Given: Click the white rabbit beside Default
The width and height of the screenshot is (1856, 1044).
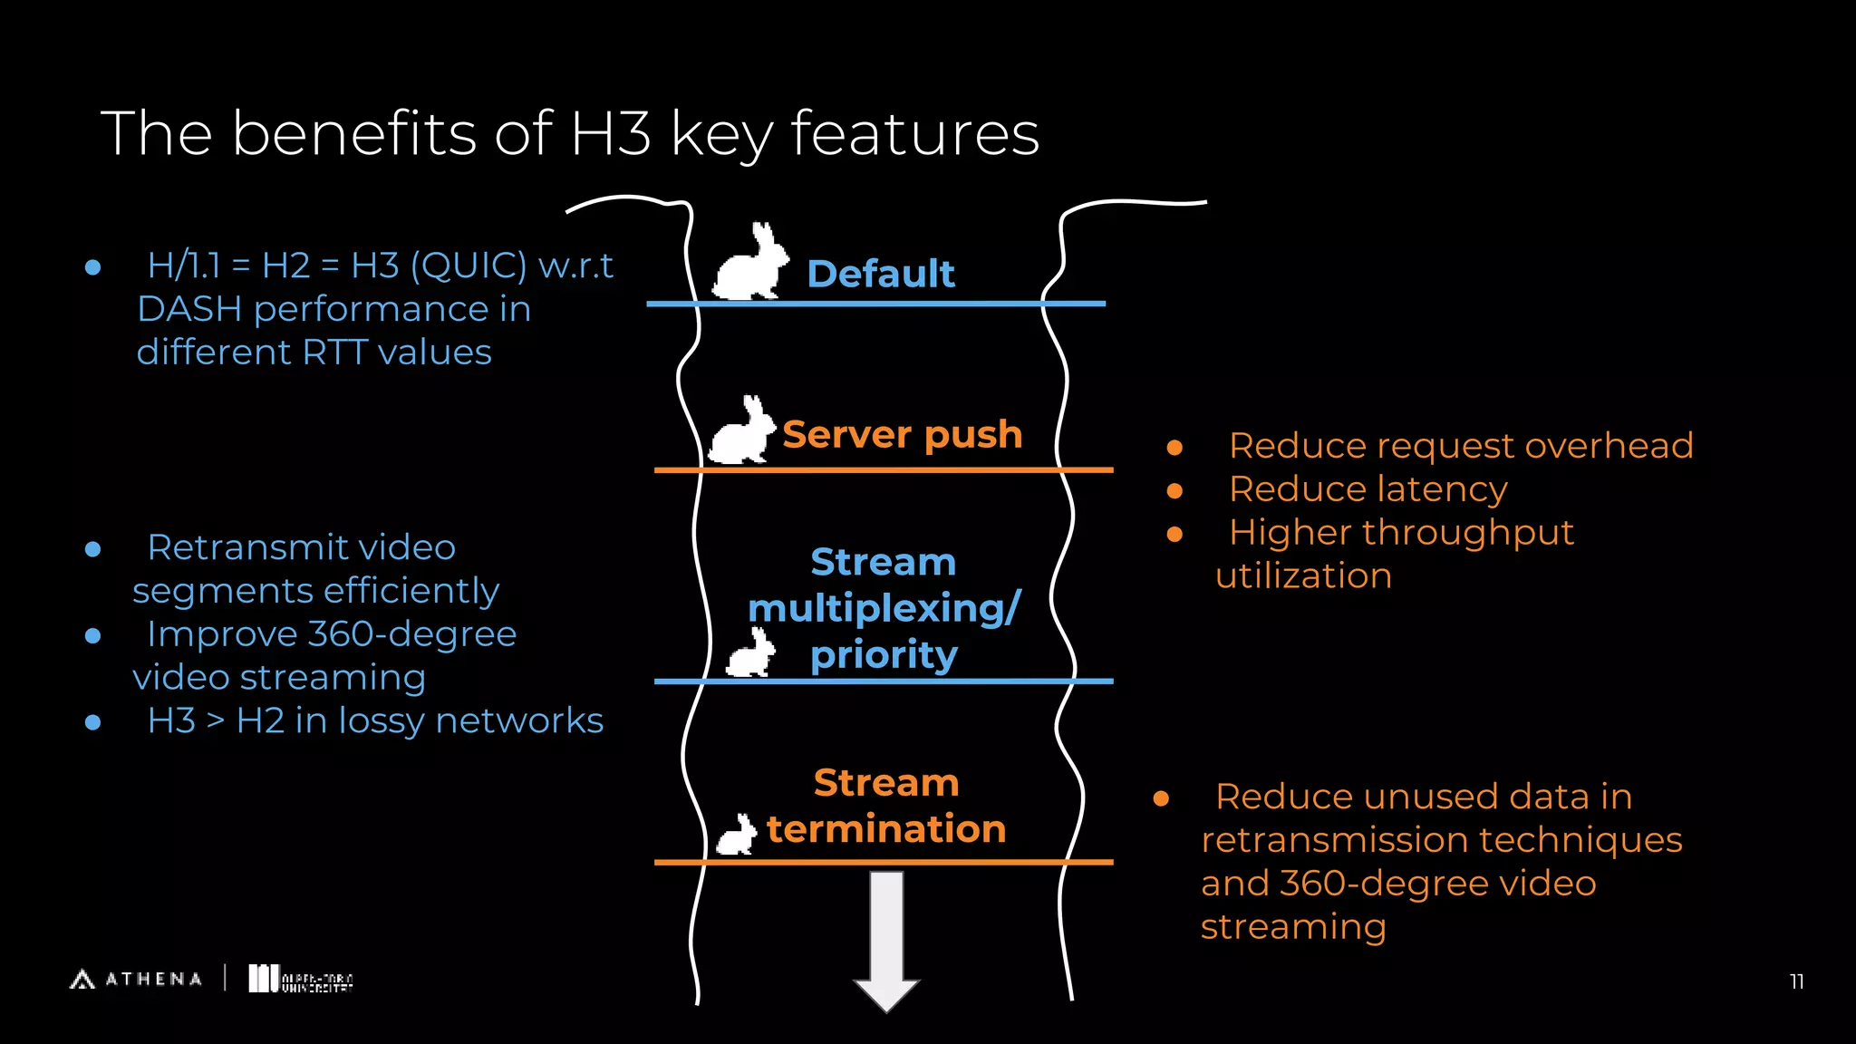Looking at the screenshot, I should [749, 265].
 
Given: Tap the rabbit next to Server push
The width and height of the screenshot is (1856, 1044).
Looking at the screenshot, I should [742, 433].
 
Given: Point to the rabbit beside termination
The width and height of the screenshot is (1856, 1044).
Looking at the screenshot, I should [737, 836].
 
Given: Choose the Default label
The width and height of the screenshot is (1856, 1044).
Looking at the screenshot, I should [880, 274].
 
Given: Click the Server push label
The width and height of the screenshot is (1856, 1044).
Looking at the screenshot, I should [902, 434].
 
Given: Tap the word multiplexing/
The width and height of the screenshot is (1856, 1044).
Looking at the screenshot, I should [884, 608].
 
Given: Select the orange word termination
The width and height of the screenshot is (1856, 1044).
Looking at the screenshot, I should [886, 829].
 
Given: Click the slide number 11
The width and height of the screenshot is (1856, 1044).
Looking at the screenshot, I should [1796, 981].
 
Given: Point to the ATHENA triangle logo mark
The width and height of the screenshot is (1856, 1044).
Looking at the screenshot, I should [82, 979].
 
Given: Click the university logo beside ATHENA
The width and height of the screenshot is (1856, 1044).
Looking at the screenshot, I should [300, 980].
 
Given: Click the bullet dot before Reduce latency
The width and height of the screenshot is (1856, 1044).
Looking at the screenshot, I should [1174, 491].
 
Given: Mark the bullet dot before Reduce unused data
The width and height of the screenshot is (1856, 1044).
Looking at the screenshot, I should [1161, 798].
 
